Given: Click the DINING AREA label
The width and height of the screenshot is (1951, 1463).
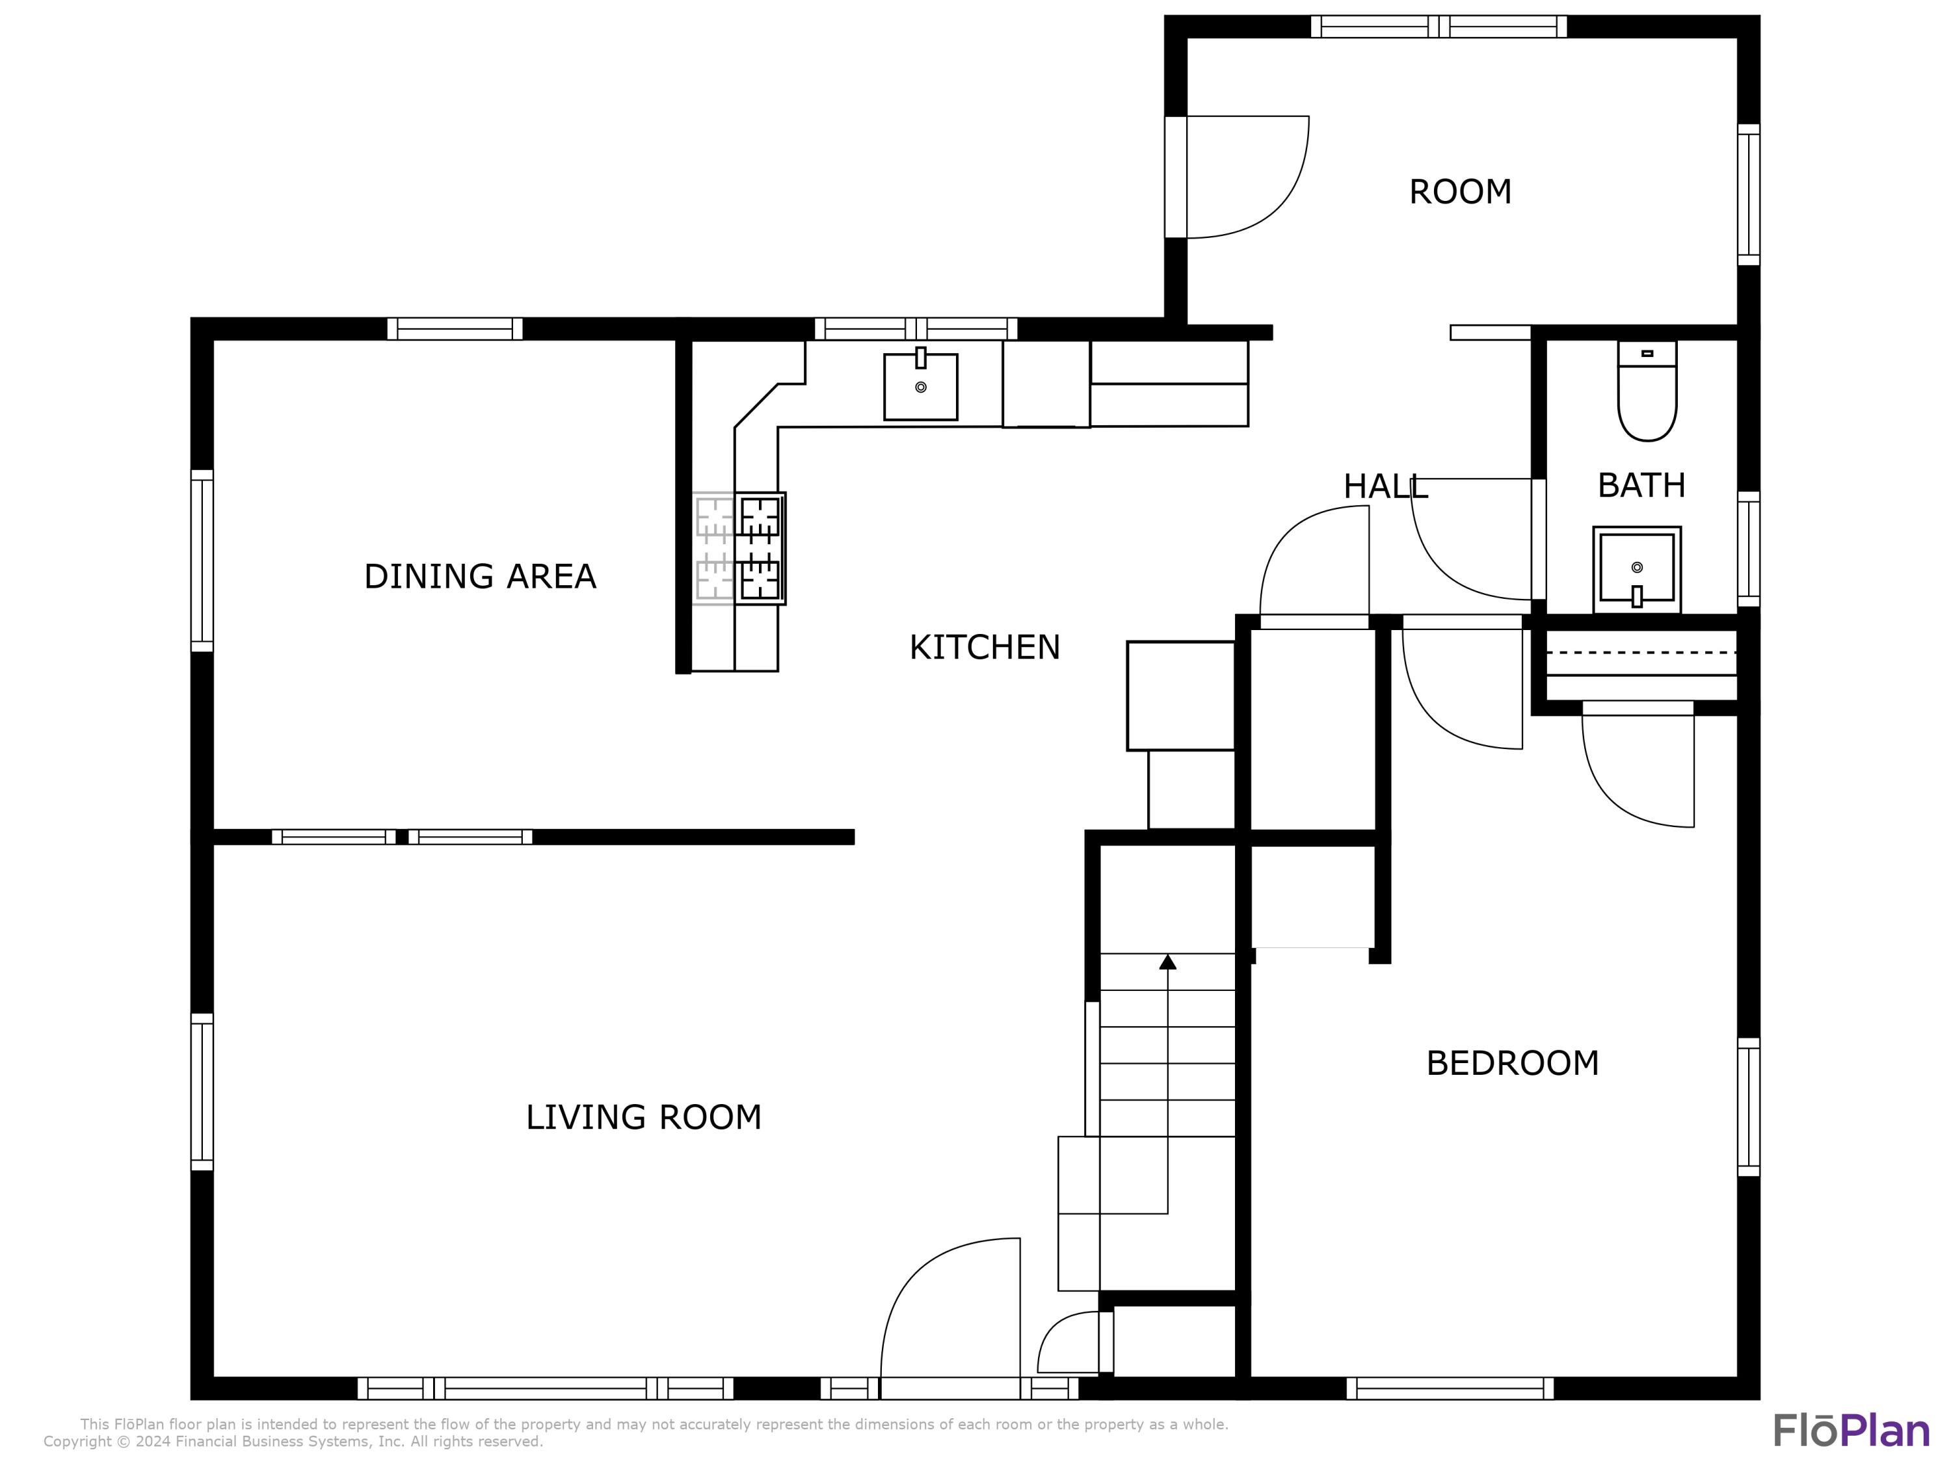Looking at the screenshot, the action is pos(480,577).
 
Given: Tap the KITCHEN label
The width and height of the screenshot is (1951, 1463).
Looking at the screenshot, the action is pos(985,647).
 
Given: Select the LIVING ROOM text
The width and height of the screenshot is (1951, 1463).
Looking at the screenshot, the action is pos(644,1117).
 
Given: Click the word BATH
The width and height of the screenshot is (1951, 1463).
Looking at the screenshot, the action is pos(1641,485).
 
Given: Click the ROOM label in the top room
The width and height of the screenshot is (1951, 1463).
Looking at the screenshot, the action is pos(1460,191).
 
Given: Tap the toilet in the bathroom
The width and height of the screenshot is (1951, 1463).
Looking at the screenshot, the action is pos(1647,391).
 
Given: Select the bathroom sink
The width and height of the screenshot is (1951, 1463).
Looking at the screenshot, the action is pos(1637,570).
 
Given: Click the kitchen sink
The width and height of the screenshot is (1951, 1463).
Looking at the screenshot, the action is pos(921,386).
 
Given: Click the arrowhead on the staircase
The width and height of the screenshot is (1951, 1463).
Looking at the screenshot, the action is pos(1168,961).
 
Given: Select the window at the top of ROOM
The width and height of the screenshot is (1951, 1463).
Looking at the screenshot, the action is pos(1439,27).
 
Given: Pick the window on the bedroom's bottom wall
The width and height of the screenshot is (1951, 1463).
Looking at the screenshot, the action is pos(1450,1388).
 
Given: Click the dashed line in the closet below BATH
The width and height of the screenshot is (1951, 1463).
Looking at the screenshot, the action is pos(1641,653).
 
